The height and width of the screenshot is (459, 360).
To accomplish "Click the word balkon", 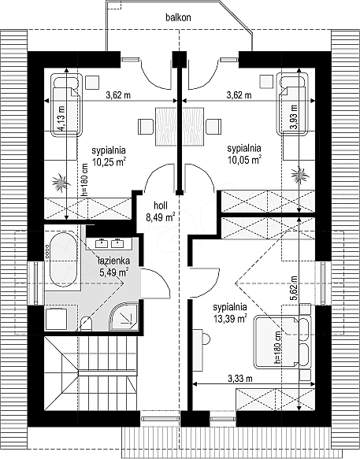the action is [x=178, y=17].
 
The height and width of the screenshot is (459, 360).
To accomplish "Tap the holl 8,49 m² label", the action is [x=161, y=211].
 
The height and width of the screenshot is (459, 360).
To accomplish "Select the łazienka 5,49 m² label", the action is [x=113, y=266].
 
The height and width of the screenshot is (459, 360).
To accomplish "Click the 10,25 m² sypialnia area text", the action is [x=109, y=156].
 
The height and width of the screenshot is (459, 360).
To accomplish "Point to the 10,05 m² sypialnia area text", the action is [x=244, y=154].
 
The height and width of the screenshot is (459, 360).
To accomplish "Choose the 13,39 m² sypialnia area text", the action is [x=230, y=313].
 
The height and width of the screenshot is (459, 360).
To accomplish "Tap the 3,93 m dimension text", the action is [x=293, y=117].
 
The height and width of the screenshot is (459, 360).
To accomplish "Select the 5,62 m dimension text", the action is [x=294, y=288].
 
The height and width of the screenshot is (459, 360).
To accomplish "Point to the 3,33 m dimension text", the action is [x=240, y=379].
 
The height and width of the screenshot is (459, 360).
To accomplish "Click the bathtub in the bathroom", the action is [x=63, y=259].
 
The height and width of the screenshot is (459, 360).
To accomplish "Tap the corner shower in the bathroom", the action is [x=124, y=316].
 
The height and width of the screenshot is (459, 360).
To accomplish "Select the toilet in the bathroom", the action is [x=86, y=324].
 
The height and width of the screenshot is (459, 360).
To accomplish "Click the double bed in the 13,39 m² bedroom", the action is [x=282, y=342].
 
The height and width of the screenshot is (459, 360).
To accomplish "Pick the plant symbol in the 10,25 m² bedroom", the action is [x=61, y=183].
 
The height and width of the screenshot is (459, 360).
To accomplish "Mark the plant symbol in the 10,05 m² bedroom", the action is [x=300, y=176].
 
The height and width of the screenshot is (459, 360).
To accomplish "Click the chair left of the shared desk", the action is [x=146, y=126].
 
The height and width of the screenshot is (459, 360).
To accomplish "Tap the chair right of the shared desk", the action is [x=213, y=126].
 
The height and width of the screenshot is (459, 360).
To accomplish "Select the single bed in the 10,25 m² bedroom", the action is [x=66, y=105].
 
